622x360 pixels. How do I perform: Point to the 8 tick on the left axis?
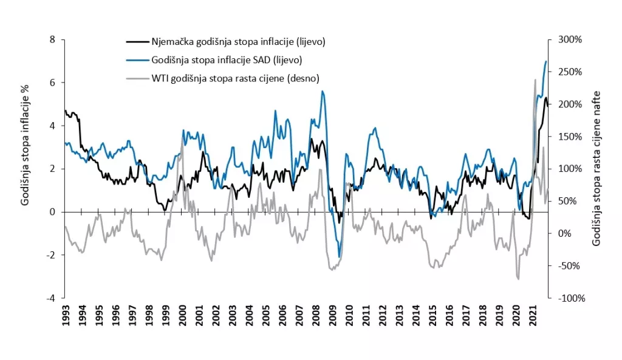[52, 39]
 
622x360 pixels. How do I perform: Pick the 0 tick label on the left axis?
[52, 212]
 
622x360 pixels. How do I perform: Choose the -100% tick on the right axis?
[570, 298]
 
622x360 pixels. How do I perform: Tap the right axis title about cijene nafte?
[596, 168]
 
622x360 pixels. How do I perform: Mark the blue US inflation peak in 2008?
[323, 91]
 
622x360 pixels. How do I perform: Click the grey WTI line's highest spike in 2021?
[535, 80]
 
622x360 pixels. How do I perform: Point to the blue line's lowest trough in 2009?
[339, 257]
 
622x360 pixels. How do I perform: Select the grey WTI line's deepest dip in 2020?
[519, 279]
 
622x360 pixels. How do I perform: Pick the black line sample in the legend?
[137, 42]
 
